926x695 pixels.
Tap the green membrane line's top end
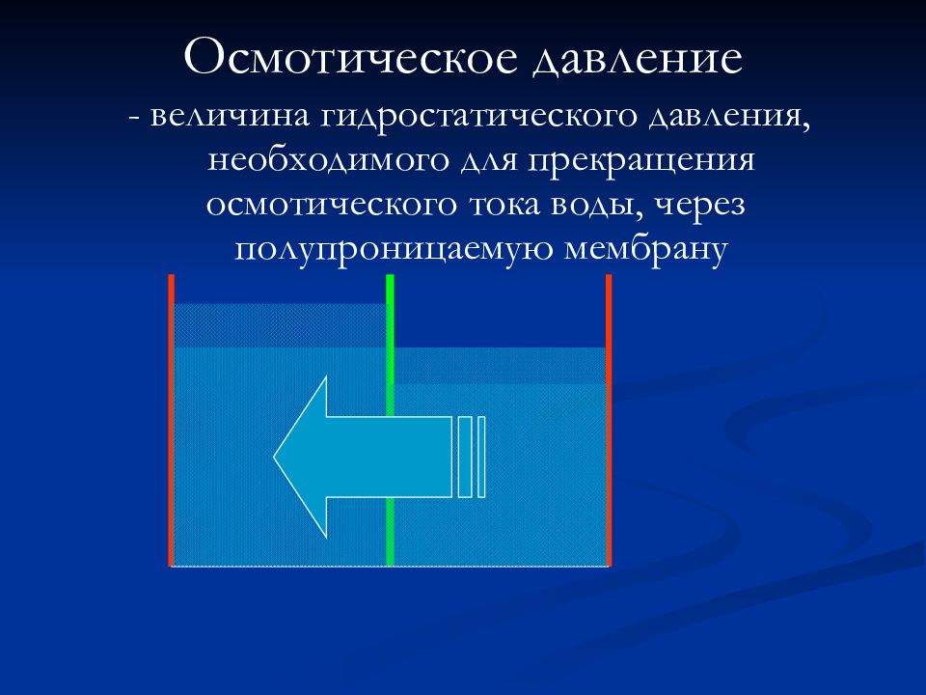point(390,280)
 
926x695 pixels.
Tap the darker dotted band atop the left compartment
point(279,325)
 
